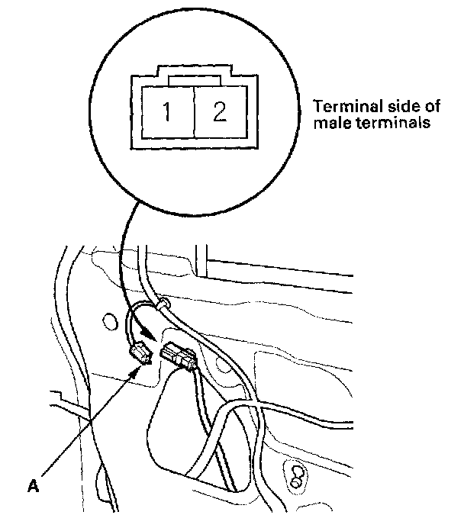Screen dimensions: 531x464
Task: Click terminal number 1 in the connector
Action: (167, 113)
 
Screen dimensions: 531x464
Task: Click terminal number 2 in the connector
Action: (219, 113)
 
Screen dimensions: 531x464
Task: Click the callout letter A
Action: (32, 483)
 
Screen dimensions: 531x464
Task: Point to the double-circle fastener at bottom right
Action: (294, 475)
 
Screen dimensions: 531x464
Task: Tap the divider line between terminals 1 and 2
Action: (194, 113)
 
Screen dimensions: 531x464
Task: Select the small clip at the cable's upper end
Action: (162, 304)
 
